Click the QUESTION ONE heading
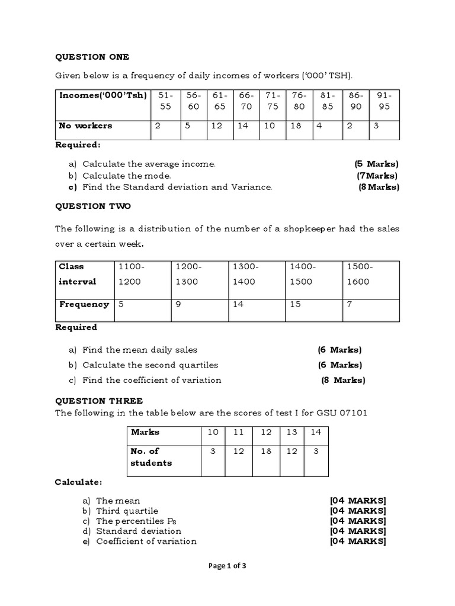(92, 57)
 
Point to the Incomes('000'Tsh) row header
(102, 95)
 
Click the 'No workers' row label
(85, 125)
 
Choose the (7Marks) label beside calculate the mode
(377, 175)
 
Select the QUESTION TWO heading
(93, 206)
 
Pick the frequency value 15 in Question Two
(296, 304)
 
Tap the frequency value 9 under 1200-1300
(179, 304)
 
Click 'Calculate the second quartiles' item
(150, 365)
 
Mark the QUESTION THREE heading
(99, 401)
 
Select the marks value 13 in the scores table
(291, 432)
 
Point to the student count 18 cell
(267, 451)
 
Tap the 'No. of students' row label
(151, 457)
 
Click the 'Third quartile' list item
(127, 511)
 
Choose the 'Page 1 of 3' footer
(227, 566)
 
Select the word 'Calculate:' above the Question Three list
(79, 482)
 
